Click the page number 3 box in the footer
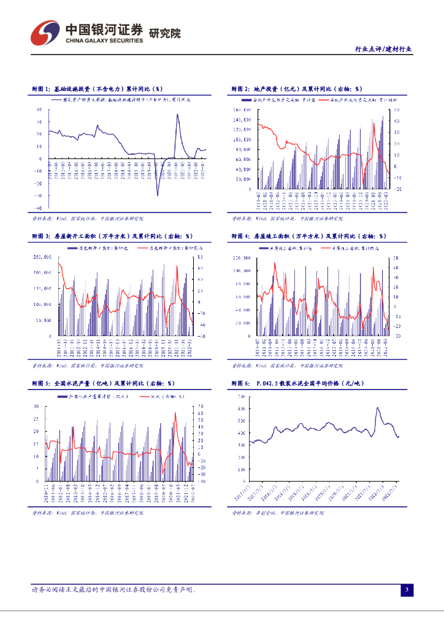pyautogui.click(x=405, y=590)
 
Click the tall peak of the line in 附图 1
pyautogui.click(x=178, y=114)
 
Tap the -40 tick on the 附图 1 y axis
pyautogui.click(x=38, y=195)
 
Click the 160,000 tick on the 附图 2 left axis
pyautogui.click(x=242, y=110)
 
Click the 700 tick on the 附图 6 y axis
pyautogui.click(x=242, y=396)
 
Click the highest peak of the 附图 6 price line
pyautogui.click(x=378, y=408)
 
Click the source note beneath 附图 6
pyautogui.click(x=277, y=512)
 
